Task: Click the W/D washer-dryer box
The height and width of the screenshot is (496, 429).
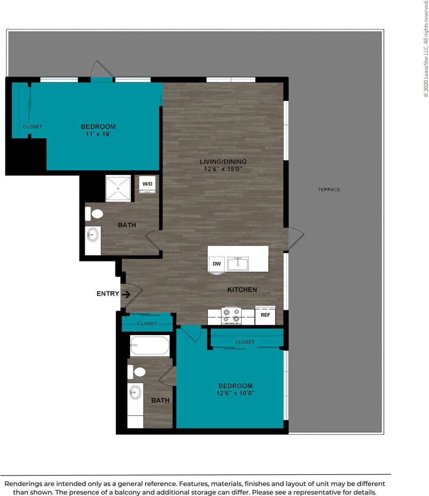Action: (x=147, y=184)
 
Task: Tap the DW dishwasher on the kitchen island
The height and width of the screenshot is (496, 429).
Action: (x=217, y=264)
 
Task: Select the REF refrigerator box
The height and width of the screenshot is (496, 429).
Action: (x=265, y=315)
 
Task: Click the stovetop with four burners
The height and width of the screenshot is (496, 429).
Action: (x=231, y=316)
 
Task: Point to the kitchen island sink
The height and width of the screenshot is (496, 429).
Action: (x=238, y=264)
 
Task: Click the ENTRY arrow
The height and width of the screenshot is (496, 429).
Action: (x=126, y=294)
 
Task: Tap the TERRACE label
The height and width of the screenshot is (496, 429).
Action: (x=329, y=190)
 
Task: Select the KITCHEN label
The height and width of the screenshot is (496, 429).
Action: (x=242, y=290)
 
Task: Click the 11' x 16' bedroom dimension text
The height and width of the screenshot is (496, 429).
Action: (x=98, y=134)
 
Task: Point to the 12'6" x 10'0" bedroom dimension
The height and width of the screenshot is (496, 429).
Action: (x=235, y=393)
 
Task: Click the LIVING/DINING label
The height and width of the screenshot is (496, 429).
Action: (x=223, y=162)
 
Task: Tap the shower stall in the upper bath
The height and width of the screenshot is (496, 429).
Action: (x=118, y=188)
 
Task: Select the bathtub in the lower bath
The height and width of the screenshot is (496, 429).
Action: (x=150, y=346)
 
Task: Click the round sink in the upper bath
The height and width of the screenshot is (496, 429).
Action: (x=93, y=235)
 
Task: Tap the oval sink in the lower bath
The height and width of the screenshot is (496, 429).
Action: (x=135, y=392)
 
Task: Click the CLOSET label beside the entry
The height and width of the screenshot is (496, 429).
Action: (x=147, y=324)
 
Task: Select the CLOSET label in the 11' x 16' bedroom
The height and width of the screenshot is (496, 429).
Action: (x=32, y=127)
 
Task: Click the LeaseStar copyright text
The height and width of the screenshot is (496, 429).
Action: (x=426, y=49)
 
